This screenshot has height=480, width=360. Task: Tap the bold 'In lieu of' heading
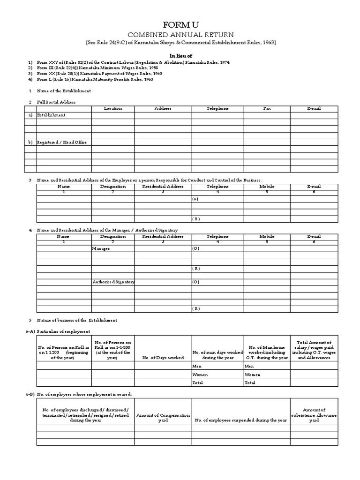coord(180,55)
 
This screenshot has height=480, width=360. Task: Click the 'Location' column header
coord(113,108)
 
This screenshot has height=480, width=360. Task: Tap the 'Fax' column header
coord(267,108)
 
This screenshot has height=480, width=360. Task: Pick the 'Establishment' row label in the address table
coord(51,115)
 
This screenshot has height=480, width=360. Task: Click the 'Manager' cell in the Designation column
coord(101,248)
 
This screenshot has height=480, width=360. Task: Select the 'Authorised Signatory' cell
coord(113,282)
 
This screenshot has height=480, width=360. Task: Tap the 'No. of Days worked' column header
coord(163,358)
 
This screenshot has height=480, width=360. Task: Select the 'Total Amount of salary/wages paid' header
coord(314,350)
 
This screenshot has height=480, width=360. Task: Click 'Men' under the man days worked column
coord(197,366)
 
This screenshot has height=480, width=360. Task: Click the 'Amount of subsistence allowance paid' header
coord(314,415)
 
